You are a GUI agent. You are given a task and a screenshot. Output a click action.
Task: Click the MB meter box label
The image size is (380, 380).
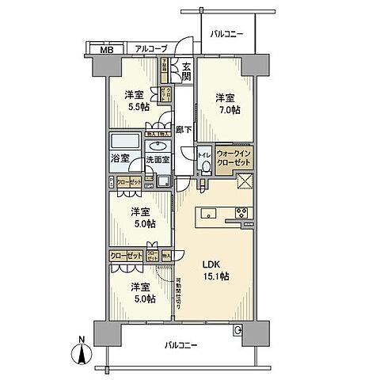click(x=105, y=50)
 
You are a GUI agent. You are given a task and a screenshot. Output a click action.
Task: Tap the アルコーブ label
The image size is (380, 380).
click(x=150, y=49)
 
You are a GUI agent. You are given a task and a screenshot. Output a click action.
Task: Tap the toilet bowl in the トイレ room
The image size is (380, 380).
click(x=205, y=166)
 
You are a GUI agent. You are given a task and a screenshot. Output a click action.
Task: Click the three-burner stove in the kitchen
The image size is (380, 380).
click(x=241, y=211)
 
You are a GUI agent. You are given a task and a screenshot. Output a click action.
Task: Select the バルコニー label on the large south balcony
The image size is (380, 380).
click(x=181, y=346)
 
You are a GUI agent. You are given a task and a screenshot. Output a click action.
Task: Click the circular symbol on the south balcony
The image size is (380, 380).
click(x=237, y=332)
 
